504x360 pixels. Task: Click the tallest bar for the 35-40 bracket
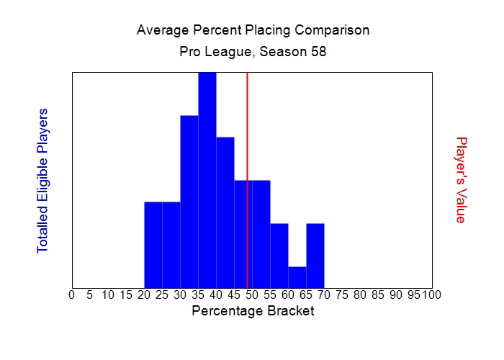click(207, 180)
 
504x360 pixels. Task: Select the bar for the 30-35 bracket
click(189, 202)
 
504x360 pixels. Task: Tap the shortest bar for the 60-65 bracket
click(297, 277)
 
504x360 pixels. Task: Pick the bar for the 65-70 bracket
click(315, 256)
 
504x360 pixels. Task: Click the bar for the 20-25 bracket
click(153, 245)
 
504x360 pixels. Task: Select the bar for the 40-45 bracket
click(225, 212)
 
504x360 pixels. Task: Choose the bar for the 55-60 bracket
click(279, 256)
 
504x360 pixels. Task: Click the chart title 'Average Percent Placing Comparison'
click(253, 30)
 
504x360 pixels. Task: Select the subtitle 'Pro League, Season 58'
click(253, 53)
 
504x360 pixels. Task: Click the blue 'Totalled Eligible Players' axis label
click(42, 180)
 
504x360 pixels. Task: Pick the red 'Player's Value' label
click(462, 180)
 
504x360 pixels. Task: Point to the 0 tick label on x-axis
click(71, 294)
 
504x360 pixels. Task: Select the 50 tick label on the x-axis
click(252, 294)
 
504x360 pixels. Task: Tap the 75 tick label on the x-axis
click(342, 294)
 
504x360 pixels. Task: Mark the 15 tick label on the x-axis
click(126, 294)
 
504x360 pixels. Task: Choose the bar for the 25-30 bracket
click(171, 245)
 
